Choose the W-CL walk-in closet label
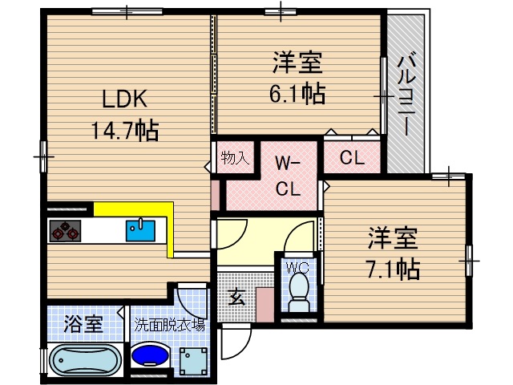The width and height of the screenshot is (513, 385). [x=287, y=176]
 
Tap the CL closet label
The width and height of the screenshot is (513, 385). [x=352, y=158]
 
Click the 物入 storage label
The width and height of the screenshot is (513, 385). [x=236, y=157]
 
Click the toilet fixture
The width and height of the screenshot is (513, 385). [x=300, y=291]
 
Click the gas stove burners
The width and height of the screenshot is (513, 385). [x=64, y=231]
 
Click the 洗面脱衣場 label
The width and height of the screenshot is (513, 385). [x=169, y=326]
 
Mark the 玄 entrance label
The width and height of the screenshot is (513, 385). [x=236, y=298]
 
